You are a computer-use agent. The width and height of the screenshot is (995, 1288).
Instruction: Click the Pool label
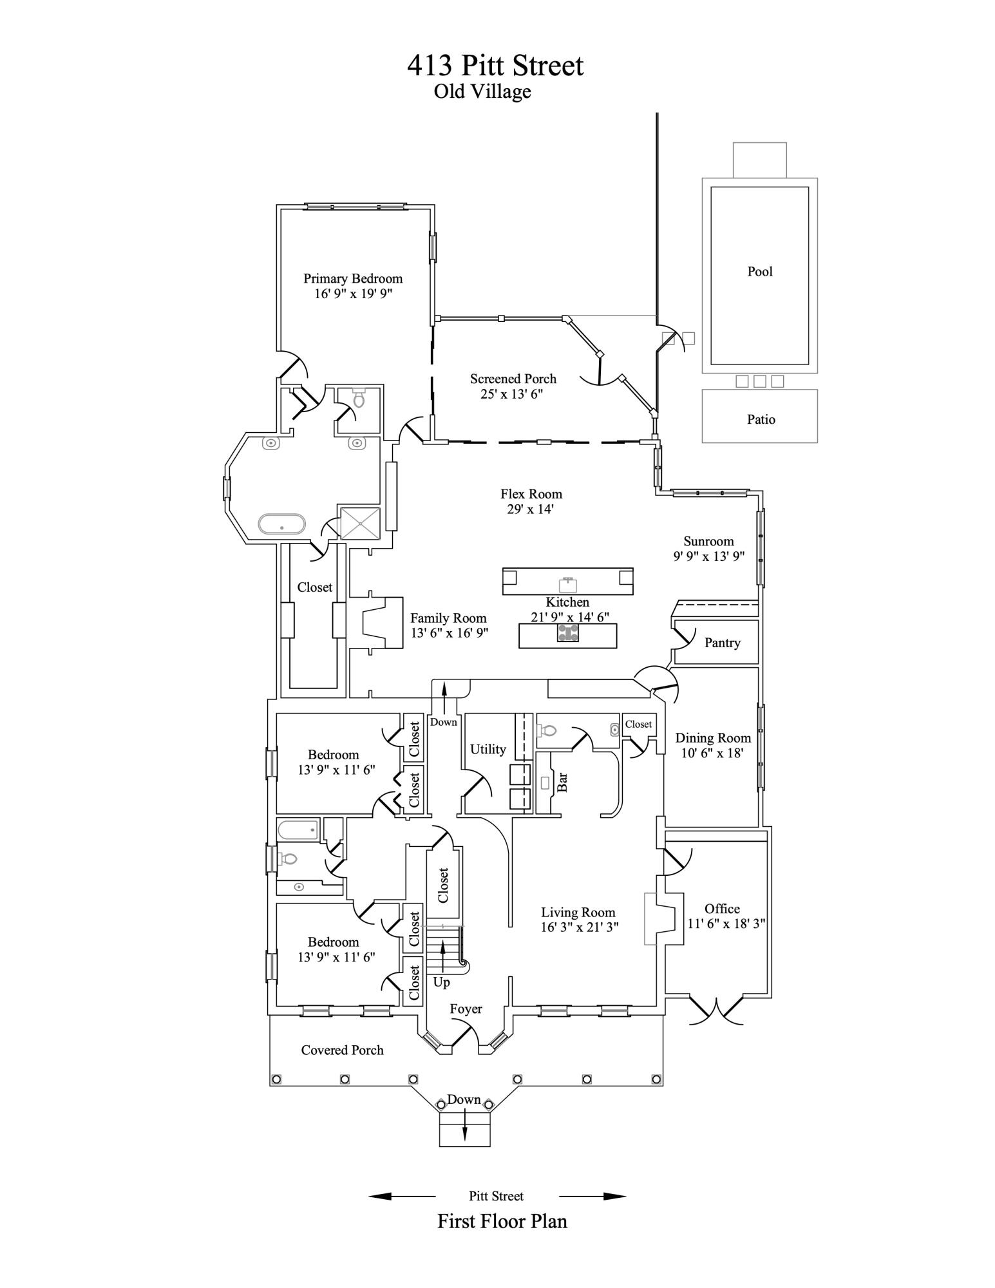click(760, 271)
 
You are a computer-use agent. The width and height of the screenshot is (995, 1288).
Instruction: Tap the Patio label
click(761, 419)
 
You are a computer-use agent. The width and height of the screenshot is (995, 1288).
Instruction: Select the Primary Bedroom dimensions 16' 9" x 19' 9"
click(354, 294)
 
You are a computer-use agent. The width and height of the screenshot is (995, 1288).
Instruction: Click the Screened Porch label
click(513, 379)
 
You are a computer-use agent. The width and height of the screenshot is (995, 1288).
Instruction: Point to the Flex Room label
click(531, 494)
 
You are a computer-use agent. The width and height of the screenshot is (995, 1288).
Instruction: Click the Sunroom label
click(708, 541)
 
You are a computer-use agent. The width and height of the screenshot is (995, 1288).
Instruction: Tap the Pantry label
click(723, 643)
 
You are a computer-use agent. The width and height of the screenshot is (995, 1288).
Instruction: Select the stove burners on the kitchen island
click(567, 633)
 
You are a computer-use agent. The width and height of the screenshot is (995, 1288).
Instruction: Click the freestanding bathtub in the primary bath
click(281, 524)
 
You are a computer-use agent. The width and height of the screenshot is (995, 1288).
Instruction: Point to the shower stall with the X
click(360, 523)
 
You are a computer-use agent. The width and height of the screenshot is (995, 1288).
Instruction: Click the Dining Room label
click(713, 738)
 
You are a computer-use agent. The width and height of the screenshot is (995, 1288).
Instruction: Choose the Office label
click(722, 909)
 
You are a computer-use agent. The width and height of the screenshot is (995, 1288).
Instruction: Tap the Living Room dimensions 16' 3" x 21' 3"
click(580, 927)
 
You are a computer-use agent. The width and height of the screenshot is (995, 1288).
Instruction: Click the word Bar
click(562, 782)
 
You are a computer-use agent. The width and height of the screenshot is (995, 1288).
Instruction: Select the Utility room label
click(488, 749)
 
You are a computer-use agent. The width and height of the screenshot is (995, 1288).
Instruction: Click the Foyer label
click(466, 1009)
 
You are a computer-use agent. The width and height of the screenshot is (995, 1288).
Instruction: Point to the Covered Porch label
click(342, 1050)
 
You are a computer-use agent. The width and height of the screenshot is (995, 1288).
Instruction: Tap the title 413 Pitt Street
click(495, 66)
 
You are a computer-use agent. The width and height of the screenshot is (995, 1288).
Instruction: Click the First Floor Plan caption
click(502, 1222)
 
